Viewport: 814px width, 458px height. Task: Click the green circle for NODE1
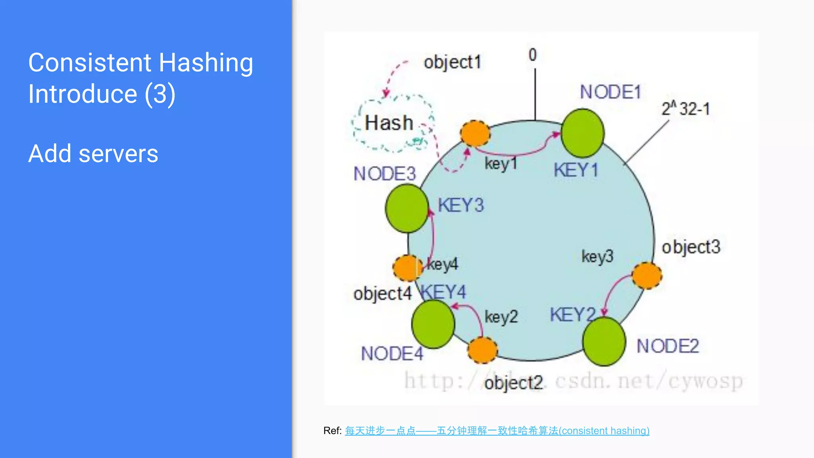click(582, 134)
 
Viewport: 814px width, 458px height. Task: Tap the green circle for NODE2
click(604, 341)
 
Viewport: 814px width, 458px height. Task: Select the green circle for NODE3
click(407, 208)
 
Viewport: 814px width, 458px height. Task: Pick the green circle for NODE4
click(433, 324)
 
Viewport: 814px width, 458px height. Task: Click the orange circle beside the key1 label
click(475, 134)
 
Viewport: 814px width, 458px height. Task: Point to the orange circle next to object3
click(647, 276)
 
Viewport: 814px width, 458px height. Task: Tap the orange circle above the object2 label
click(483, 350)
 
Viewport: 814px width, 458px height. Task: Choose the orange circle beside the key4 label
click(407, 268)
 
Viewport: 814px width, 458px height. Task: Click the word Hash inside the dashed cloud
click(389, 123)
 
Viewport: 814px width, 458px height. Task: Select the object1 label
click(452, 62)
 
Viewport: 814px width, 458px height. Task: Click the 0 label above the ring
click(533, 55)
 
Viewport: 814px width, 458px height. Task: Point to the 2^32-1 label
click(685, 109)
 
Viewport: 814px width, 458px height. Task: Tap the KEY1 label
click(576, 170)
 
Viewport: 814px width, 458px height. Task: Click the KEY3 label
click(461, 206)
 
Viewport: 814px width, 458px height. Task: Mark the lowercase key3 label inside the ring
click(597, 256)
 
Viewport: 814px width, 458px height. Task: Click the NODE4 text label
click(392, 353)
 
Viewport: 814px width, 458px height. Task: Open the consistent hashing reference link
click(497, 431)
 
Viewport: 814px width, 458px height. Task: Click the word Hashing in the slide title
click(206, 64)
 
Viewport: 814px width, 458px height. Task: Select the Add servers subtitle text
click(93, 153)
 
